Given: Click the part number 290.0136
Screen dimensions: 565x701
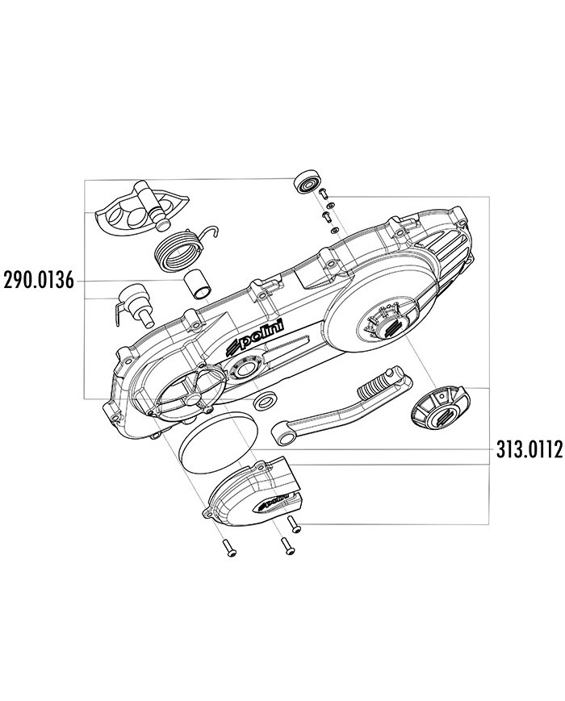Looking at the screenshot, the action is pos(38,281).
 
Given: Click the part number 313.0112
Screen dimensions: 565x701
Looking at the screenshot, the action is pos(529,450).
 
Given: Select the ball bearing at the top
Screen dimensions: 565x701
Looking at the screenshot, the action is pos(309,183).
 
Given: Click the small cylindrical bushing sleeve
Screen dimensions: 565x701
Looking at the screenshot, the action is pos(199,285).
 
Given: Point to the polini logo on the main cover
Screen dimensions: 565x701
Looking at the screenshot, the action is pos(257,340).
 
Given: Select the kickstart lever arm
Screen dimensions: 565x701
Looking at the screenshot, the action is pos(341,404).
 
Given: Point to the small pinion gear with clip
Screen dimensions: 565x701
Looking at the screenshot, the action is pos(132,306).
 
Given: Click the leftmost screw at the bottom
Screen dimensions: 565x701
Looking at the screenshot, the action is pos(228,547).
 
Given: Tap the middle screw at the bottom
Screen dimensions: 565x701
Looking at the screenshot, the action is pos(287,546).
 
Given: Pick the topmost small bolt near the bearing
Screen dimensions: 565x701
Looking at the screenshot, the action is pos(324,192).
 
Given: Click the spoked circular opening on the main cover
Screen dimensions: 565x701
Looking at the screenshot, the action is pos(186,388).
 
